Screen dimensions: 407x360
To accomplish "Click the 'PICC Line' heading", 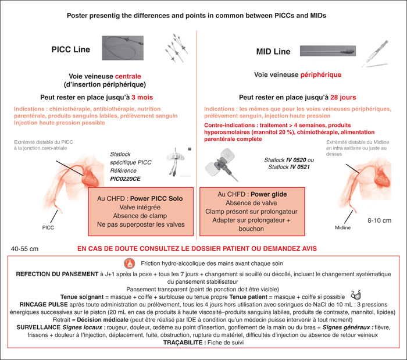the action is tap(70, 49).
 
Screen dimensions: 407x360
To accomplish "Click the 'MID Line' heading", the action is tap(273, 51).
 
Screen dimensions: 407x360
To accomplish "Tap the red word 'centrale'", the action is tap(128, 76).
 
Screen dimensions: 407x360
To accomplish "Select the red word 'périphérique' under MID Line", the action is tap(321, 75).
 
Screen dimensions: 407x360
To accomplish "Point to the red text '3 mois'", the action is tap(142, 97).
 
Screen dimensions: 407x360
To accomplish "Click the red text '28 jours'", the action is tap(343, 97).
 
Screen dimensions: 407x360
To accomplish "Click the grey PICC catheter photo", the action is tap(123, 48).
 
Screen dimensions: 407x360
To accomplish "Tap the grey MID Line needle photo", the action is tap(328, 51).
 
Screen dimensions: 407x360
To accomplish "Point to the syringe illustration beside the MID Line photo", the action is tap(375, 54).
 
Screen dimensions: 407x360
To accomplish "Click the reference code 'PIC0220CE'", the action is tap(126, 179).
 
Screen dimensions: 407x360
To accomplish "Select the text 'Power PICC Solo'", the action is tap(156, 198).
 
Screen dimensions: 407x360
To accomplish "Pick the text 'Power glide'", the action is tap(269, 194).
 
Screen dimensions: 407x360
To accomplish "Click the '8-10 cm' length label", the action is tap(379, 220).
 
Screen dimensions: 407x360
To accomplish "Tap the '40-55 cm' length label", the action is tap(24, 249).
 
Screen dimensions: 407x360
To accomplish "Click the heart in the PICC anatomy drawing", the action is tap(90, 179).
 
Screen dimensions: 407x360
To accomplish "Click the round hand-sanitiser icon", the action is tap(129, 263).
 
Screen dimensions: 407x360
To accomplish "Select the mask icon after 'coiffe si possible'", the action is tap(356, 295).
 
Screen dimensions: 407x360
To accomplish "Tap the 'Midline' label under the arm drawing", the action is tap(342, 227).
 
